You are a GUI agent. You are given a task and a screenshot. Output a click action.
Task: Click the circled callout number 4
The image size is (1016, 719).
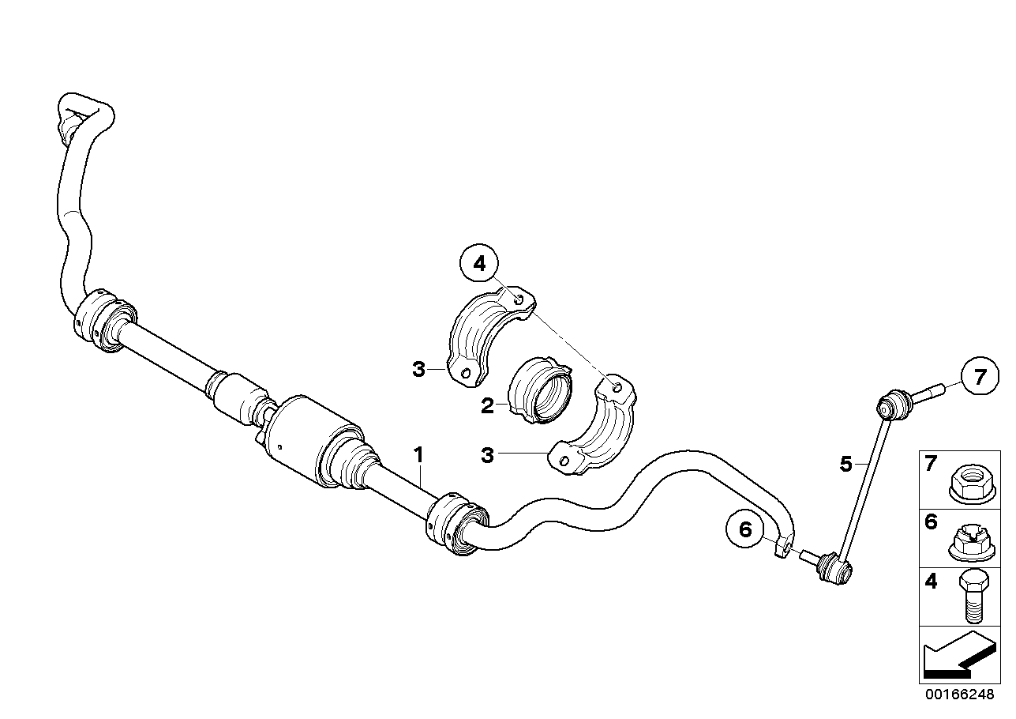[481, 264]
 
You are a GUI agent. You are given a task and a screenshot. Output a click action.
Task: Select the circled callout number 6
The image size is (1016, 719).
[745, 529]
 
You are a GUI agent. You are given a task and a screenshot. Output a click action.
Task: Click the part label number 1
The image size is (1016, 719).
[418, 454]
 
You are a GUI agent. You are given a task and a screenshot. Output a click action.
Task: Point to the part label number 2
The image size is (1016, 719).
[488, 406]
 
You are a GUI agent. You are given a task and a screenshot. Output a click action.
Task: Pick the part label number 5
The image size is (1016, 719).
[845, 465]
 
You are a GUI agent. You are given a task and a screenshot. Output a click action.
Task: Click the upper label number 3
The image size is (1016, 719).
[419, 368]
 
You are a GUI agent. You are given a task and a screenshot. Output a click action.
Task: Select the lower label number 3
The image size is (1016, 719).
[488, 455]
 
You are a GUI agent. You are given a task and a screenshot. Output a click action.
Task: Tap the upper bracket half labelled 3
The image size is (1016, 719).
[486, 336]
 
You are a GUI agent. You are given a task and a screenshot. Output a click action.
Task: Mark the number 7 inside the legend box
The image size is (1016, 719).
[932, 464]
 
